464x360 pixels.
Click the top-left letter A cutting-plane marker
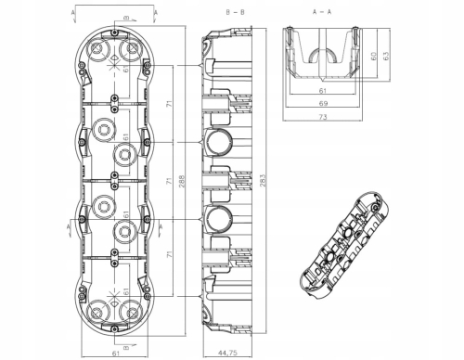click(x=72, y=12)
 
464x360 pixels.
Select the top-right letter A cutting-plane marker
click(x=156, y=12)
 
